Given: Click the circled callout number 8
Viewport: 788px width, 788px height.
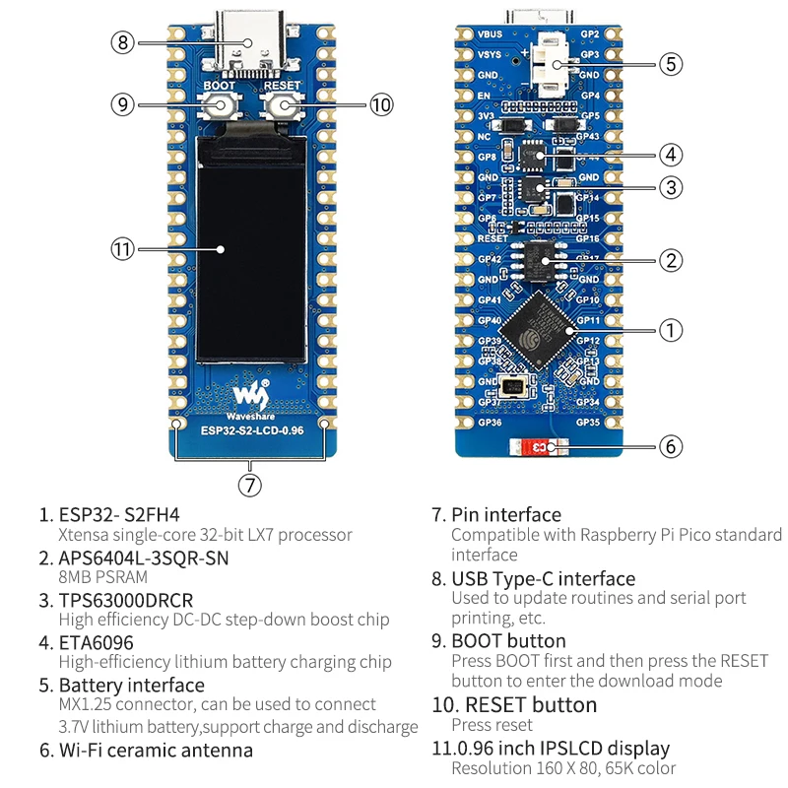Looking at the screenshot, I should click(x=123, y=42).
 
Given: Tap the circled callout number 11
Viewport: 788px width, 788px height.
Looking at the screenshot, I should click(x=122, y=249).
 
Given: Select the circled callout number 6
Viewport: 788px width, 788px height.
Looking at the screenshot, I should click(x=670, y=446).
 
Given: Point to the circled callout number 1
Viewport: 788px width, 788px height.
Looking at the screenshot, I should click(x=670, y=330).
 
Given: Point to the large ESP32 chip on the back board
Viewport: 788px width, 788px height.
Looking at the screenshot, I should click(x=540, y=328).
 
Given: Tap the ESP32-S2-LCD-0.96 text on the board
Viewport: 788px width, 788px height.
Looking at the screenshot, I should click(x=251, y=428).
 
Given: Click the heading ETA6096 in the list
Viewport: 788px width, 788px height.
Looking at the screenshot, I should click(x=96, y=642).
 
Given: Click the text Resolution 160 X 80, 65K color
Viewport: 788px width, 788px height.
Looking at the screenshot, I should click(x=563, y=768).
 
